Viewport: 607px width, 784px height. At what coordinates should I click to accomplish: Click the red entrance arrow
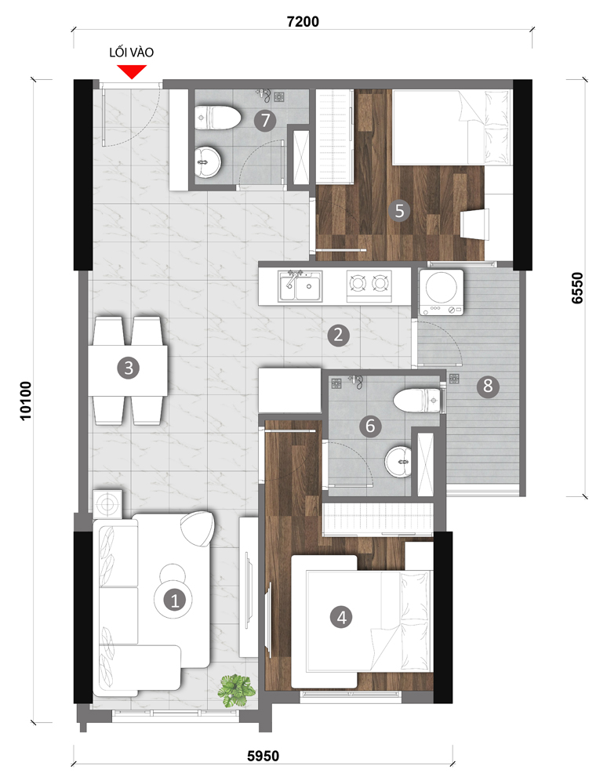coord(132,72)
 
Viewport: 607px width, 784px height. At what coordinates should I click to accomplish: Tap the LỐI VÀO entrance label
coord(132,53)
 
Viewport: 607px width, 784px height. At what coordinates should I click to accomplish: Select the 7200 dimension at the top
coord(303,21)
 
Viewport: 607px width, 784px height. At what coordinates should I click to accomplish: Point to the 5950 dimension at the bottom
coord(264,756)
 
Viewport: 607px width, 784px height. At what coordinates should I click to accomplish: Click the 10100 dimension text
coord(26,401)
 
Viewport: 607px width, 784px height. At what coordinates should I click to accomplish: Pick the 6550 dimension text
coord(577,288)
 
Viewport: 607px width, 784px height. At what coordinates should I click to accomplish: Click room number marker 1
coord(175,600)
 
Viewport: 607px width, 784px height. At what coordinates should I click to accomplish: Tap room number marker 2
coord(339,335)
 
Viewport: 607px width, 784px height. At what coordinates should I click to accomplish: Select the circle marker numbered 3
coord(129,368)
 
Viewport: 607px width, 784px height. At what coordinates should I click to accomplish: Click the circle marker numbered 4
coord(341,617)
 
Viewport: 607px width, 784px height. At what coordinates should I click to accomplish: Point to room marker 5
coord(399,210)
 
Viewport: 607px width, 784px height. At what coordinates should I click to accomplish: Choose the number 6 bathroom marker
coord(370,426)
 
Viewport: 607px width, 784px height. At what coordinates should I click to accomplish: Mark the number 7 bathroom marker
coord(265,120)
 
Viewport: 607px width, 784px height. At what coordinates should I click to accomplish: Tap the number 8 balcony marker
coord(488,386)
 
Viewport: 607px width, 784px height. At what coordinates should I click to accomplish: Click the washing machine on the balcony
coord(441,292)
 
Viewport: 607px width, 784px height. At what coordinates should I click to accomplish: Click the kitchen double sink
coord(300,286)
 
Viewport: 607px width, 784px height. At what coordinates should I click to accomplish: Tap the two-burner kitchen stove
coord(369,286)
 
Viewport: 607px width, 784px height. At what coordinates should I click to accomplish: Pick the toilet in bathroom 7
coord(218,118)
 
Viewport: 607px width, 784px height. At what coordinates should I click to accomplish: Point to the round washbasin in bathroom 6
coord(398,461)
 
